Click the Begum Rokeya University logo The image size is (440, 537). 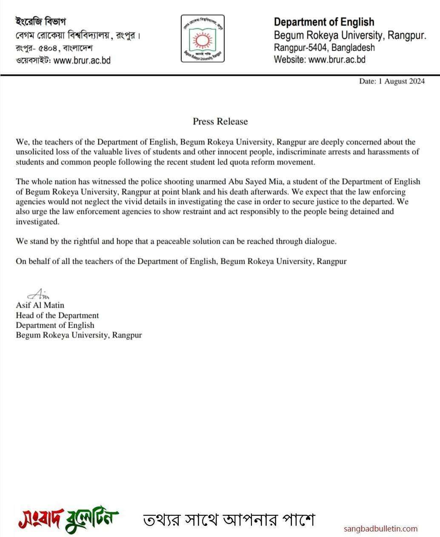coord(202,39)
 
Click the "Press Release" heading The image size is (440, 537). coord(220,121)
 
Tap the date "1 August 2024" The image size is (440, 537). coord(401,81)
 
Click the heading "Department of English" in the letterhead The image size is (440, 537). coord(324,22)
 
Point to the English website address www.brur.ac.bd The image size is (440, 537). coord(337,60)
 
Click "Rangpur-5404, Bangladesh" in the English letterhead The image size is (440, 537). coord(324,47)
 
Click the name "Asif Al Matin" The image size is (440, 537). coord(40,305)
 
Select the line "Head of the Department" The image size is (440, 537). coord(57,315)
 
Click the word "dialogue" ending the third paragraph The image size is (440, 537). coord(320,241)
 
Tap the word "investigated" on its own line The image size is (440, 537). coord(36,222)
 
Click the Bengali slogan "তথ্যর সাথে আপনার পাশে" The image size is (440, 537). coord(223,520)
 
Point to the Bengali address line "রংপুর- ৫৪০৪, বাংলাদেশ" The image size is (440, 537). coord(54,48)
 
